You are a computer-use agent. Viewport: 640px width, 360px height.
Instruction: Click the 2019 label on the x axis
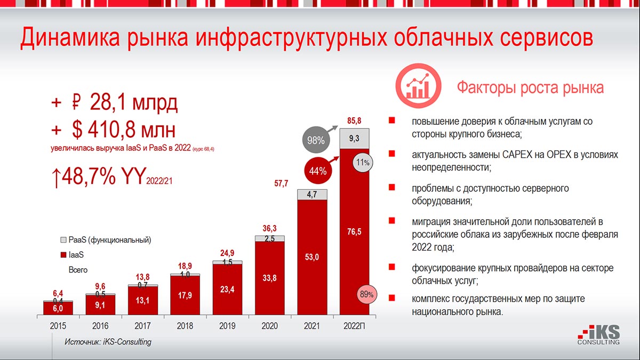pos(227,326)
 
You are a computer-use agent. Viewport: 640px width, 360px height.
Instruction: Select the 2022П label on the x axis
pos(354,326)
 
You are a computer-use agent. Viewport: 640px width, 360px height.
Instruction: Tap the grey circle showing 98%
pos(316,141)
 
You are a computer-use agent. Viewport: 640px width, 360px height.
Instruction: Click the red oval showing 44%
pos(317,171)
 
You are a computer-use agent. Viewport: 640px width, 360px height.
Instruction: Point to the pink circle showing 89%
pos(366,294)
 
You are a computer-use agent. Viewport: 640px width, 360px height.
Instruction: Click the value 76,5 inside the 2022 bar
pos(354,231)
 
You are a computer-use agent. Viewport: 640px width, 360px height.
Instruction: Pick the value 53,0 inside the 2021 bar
pos(311,258)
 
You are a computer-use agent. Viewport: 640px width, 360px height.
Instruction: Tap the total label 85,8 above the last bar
pos(354,121)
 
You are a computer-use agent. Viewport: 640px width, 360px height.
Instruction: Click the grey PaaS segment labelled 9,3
pos(354,138)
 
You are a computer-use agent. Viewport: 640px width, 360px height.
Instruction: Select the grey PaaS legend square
pos(64,241)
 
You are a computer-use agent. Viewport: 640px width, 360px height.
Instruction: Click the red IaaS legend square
pos(64,255)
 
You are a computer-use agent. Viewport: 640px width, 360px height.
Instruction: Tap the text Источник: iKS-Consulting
pos(108,342)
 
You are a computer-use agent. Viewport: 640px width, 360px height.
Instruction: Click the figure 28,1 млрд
pos(133,103)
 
